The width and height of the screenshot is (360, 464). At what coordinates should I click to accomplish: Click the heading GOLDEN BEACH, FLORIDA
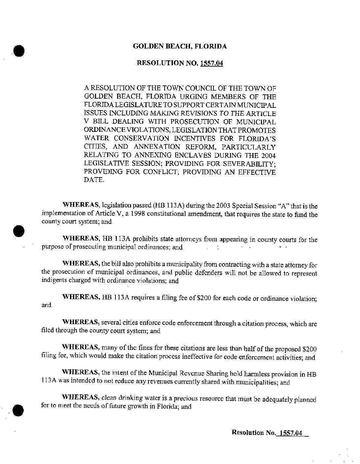[180, 46]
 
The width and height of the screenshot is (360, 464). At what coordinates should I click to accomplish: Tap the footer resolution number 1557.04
[290, 433]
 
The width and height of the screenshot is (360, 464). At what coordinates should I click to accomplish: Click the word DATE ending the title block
[94, 180]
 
